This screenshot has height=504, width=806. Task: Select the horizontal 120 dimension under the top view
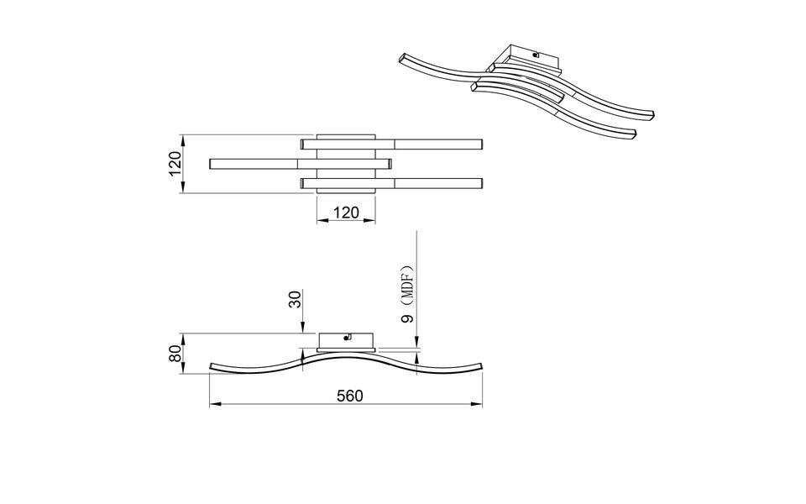point(346,213)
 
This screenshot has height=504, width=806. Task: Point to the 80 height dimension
point(175,353)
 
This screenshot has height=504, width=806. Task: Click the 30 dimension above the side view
point(295,300)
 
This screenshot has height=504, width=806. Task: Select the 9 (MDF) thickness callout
point(408,297)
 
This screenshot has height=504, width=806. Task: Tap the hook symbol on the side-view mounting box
point(347,339)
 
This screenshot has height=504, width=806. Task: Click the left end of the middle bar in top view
point(211,163)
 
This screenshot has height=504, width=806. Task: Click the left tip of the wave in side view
point(210,366)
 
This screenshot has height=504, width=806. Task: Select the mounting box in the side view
point(346,341)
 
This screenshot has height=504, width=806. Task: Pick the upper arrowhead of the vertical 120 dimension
point(183,137)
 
